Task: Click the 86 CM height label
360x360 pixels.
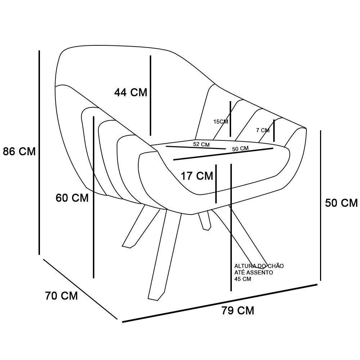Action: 19,152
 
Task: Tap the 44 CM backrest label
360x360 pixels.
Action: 131,92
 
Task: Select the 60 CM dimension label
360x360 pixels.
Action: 72,198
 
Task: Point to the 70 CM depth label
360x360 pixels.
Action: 62,296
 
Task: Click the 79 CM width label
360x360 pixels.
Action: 238,311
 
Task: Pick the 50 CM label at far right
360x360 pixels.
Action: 341,203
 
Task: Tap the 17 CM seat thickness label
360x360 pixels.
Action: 197,176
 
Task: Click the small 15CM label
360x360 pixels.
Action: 221,122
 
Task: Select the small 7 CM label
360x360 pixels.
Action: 263,130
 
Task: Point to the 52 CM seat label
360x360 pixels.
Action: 201,144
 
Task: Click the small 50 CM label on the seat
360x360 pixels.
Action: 240,149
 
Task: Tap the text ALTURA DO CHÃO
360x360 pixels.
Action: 259,266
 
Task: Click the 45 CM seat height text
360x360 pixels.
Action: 243,279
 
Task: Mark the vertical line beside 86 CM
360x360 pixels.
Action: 39,152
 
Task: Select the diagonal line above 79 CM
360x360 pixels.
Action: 220,303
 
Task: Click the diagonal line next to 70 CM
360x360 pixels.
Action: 80,289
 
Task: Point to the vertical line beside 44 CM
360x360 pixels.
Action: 150,95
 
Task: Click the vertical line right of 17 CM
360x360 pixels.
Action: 216,184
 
